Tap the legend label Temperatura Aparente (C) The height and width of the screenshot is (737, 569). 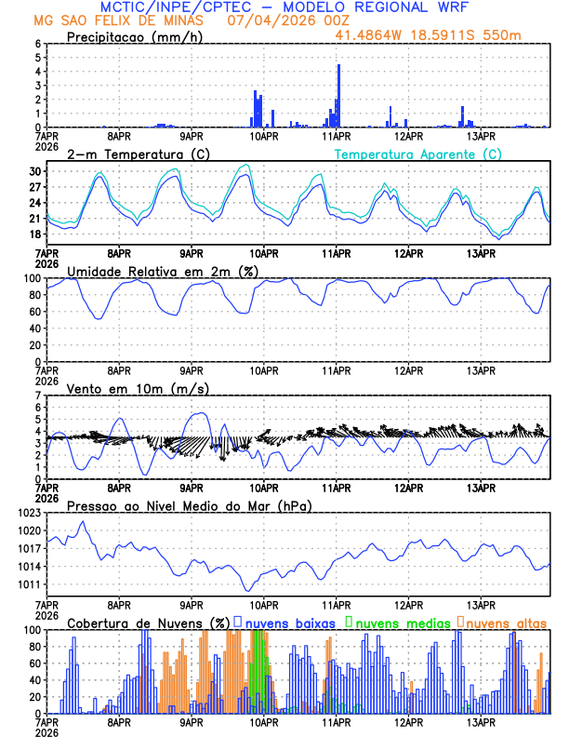pos(418,154)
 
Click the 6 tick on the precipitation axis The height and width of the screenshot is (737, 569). pos(37,44)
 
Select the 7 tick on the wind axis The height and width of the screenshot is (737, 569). pos(37,396)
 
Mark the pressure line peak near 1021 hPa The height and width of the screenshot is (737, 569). pos(84,522)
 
